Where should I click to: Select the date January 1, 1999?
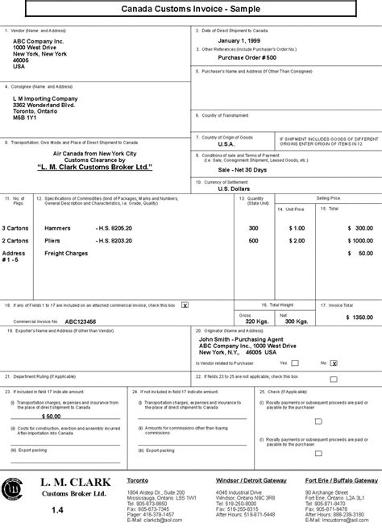tap(242, 40)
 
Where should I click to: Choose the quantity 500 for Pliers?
tap(254, 240)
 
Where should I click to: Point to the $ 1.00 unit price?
tap(297, 228)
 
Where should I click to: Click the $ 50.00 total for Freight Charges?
tap(359, 253)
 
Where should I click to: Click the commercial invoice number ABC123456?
tap(82, 320)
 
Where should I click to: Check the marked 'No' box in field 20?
tap(333, 363)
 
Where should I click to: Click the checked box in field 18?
tap(185, 306)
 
